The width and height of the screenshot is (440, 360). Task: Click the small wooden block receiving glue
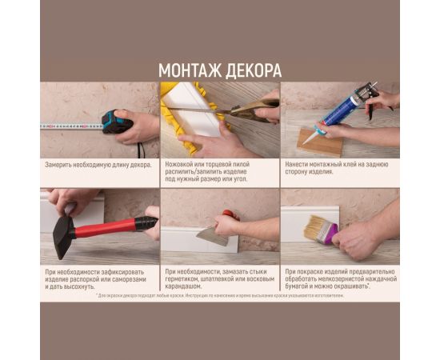point(320,142)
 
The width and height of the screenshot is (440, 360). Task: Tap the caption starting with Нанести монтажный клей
point(336,168)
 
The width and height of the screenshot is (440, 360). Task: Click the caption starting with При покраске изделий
point(338,278)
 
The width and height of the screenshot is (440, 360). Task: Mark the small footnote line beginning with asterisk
point(220,295)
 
